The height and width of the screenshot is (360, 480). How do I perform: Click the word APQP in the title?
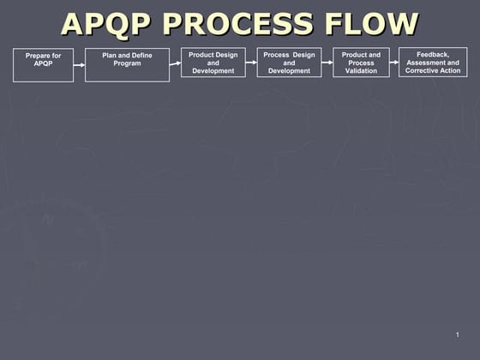pos(106,23)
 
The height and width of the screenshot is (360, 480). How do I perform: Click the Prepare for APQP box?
pos(43,65)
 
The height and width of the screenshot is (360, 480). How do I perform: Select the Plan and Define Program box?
pos(127,65)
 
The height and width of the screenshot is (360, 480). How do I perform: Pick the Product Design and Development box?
pos(213,63)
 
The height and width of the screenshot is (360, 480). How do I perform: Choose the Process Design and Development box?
pos(289,63)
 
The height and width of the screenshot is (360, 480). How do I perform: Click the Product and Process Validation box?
pos(361,63)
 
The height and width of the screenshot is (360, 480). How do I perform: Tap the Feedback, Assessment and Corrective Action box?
pos(433,62)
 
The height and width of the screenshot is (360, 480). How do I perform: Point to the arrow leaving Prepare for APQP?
pos(79,64)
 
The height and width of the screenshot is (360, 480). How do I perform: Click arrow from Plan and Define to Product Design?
pos(175,63)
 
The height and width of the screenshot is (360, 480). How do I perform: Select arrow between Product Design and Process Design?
pos(251,62)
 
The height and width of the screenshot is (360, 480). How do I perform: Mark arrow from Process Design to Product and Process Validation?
pos(327,62)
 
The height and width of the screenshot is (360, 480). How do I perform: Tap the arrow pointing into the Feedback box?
pos(394,62)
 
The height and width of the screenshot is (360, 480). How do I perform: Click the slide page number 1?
pos(458,333)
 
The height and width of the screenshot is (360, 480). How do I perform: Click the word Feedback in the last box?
pos(433,54)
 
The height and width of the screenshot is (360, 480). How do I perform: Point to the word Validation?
pos(361,71)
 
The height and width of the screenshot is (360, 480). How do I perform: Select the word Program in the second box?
pos(127,63)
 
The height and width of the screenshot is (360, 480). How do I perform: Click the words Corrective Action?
pos(433,70)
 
